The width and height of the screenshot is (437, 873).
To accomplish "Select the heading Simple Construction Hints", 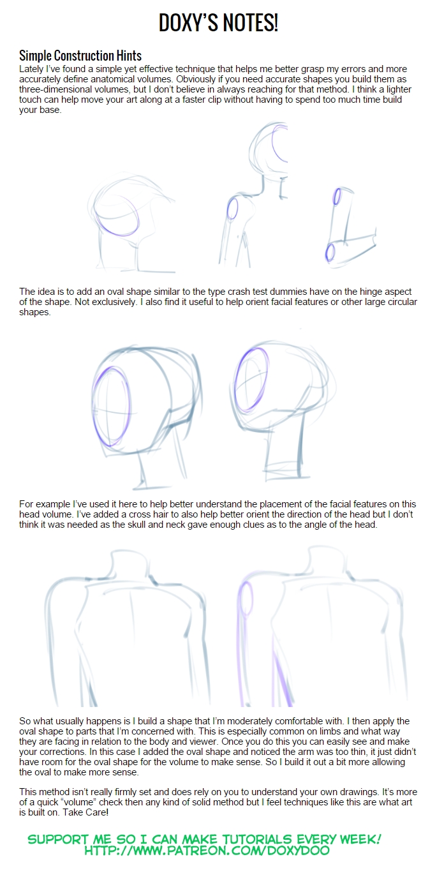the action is click(80, 56).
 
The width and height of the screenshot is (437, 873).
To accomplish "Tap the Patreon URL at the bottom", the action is click(207, 851).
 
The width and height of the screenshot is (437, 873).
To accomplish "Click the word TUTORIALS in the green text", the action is click(258, 839).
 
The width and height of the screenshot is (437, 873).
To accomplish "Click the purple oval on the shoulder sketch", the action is click(232, 209).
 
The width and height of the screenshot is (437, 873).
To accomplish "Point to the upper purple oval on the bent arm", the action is click(337, 196).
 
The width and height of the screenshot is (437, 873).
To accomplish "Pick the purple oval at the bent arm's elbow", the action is click(330, 253).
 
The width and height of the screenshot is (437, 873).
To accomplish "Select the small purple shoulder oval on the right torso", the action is click(246, 599).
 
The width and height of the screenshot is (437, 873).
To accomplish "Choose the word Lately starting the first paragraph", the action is click(31, 70).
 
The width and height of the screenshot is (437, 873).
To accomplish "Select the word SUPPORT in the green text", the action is click(58, 839).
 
